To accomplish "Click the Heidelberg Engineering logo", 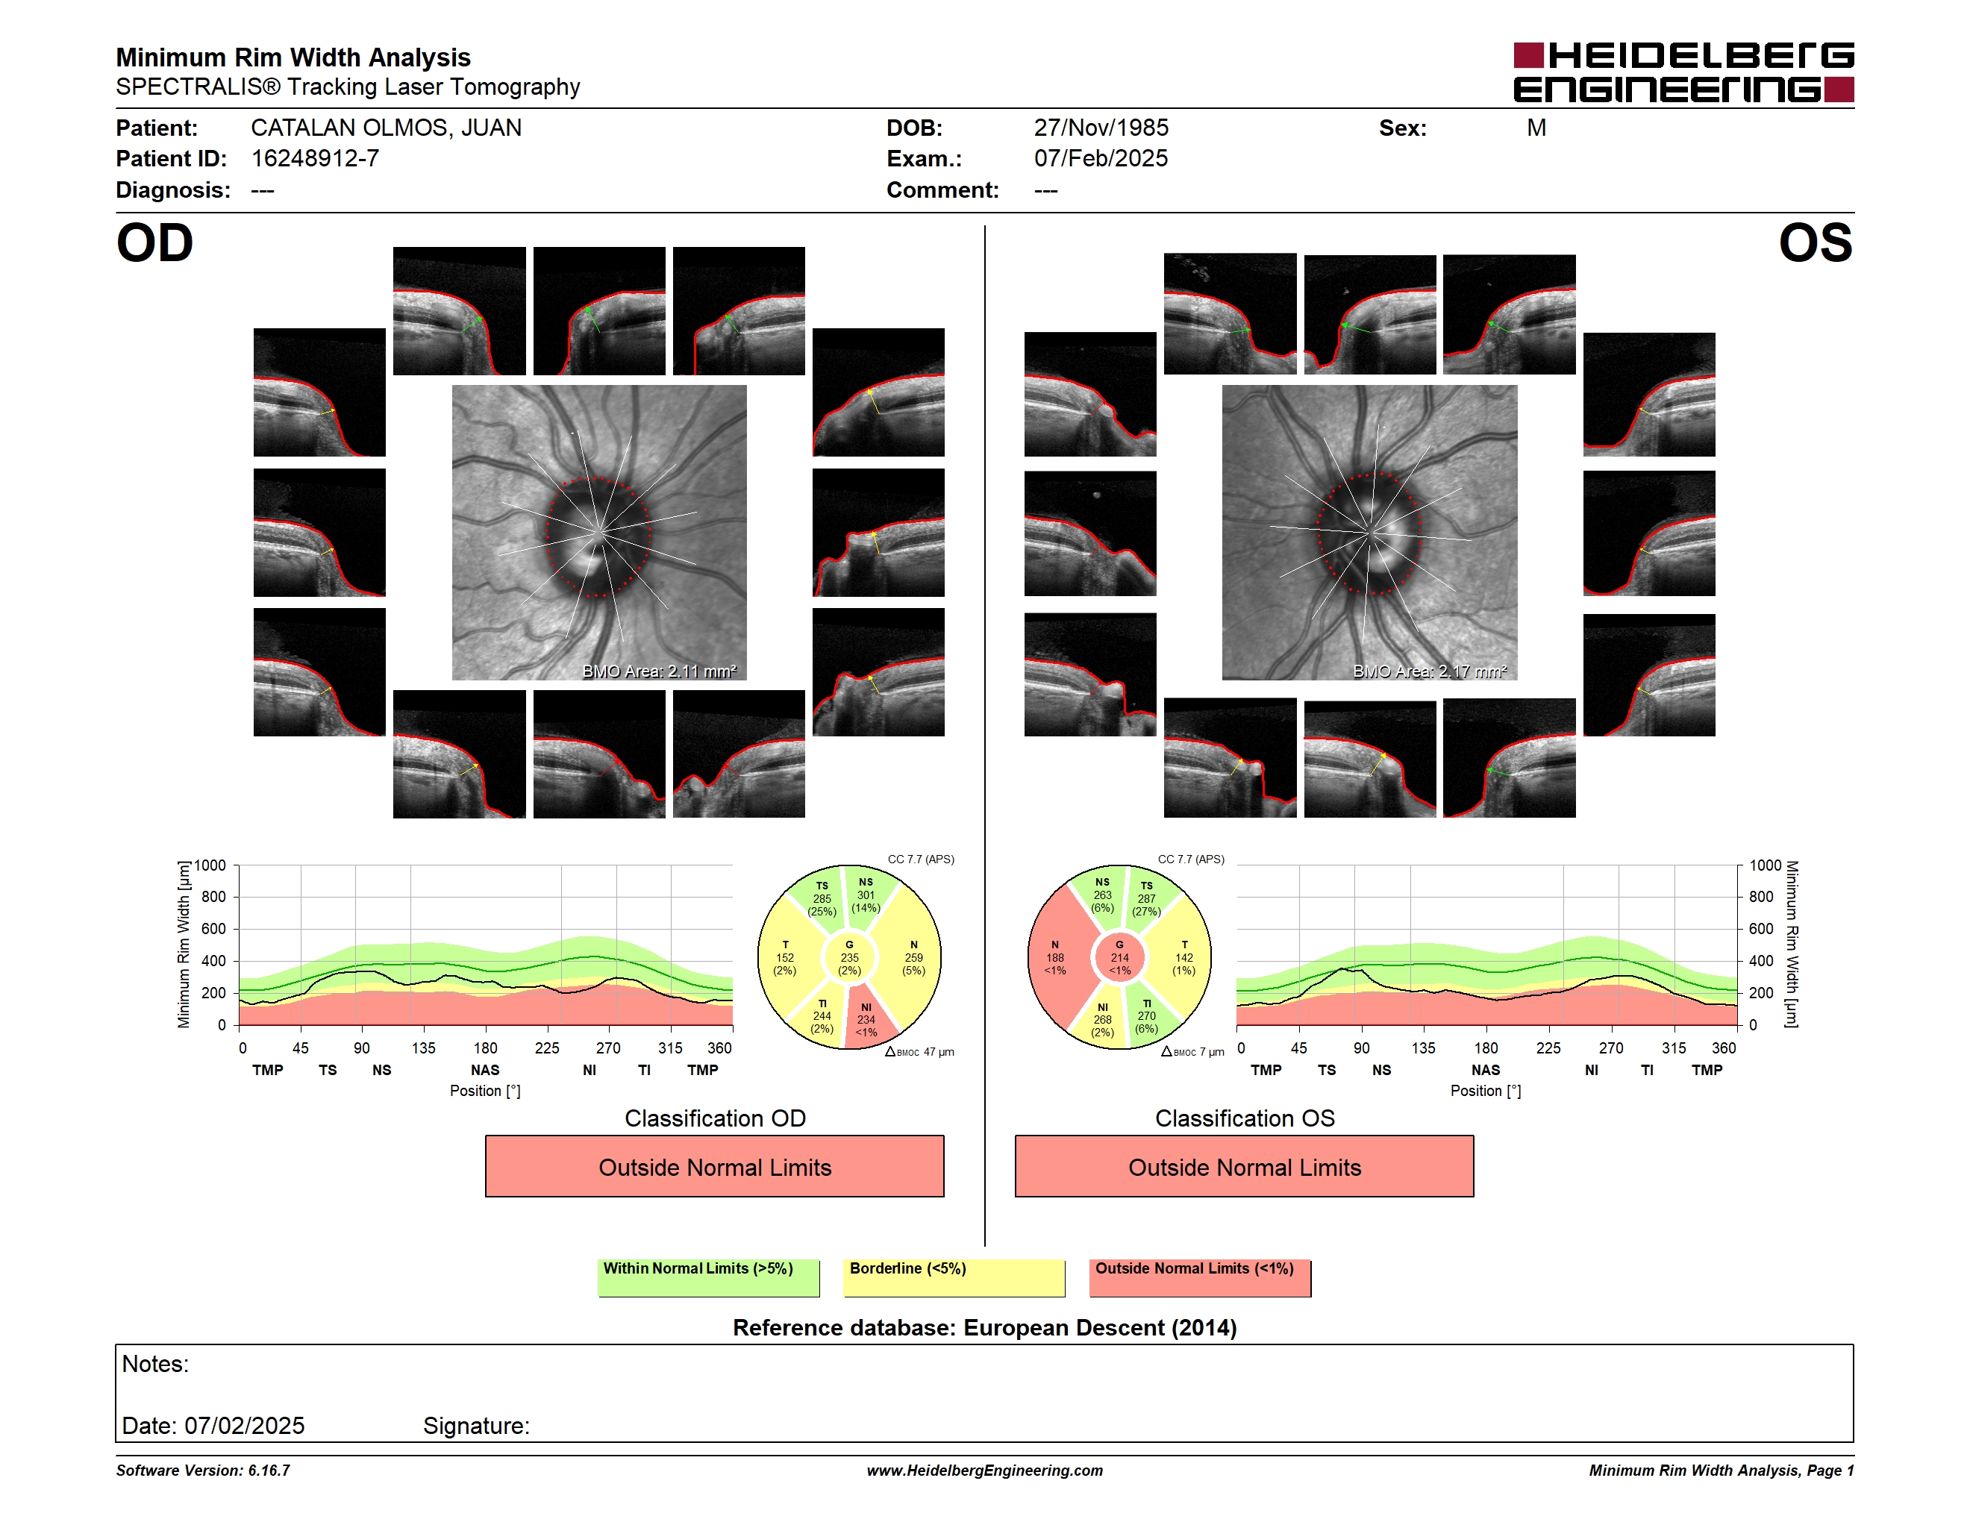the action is coord(1683,72).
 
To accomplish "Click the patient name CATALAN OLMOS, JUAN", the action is coord(386,128).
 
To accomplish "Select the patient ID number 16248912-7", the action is coord(315,159).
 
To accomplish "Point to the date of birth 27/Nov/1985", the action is coord(1101,128).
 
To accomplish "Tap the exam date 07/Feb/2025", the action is coord(1101,159).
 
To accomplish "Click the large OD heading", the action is coord(154,243).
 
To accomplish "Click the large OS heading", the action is coord(1815,243).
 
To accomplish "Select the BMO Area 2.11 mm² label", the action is coord(660,671).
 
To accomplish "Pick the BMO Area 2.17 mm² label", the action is coord(1430,671).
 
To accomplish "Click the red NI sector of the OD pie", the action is coord(868,1020).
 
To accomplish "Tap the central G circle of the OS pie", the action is coord(1119,957).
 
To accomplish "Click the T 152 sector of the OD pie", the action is coord(787,957).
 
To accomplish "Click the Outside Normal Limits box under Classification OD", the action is coord(714,1167).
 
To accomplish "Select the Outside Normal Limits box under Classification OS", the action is coord(1244,1167).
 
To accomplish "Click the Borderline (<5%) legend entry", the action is coord(954,1277).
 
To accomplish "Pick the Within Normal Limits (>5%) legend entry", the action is coord(708,1277).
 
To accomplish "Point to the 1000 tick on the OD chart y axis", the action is coord(210,865).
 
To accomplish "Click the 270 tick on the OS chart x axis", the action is coord(1611,1047).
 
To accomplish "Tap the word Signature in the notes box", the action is coord(475,1426).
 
